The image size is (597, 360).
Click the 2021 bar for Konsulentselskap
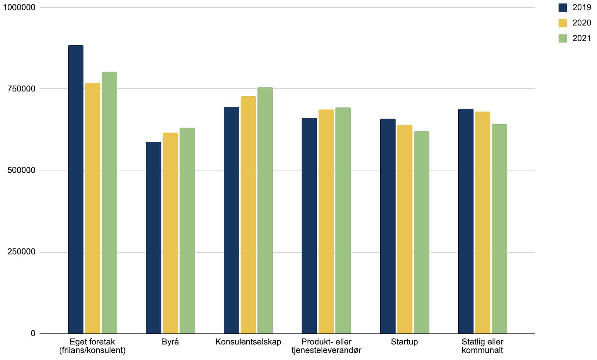tap(265, 210)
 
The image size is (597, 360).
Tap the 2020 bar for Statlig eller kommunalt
tap(482, 223)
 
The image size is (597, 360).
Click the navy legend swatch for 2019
tap(563, 7)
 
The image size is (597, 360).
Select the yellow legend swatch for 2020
tap(563, 23)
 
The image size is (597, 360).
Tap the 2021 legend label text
tap(582, 38)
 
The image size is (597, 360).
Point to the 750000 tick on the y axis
tap(22, 89)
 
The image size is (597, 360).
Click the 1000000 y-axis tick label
tap(19, 7)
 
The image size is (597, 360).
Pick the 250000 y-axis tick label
tap(22, 252)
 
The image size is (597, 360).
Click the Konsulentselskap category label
tap(248, 342)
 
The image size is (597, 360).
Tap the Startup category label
tap(404, 342)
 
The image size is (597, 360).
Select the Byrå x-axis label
tap(171, 342)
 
